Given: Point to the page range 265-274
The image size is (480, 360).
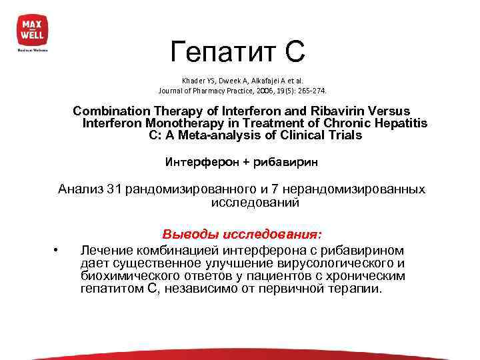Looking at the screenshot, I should pyautogui.click(x=312, y=90).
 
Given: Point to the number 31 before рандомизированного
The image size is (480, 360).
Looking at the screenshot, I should pyautogui.click(x=115, y=189).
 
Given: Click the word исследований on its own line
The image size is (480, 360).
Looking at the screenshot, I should pyautogui.click(x=255, y=202).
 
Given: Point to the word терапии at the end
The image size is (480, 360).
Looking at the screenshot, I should pyautogui.click(x=359, y=289).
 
